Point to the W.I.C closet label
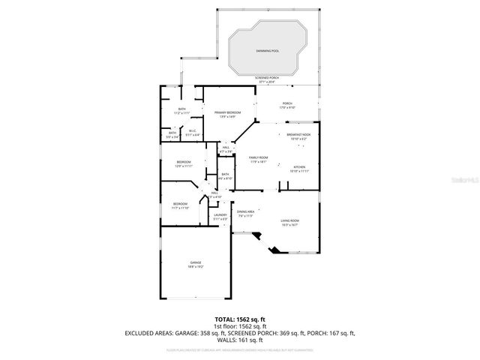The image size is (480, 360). click(x=192, y=130)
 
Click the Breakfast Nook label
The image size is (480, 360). click(x=298, y=135)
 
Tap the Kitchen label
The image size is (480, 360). click(x=298, y=166)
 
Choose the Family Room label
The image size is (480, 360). click(x=259, y=157)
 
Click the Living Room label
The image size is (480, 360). click(x=290, y=220)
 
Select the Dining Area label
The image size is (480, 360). click(x=246, y=211)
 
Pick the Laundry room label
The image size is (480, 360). click(x=220, y=215)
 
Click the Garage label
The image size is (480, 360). click(x=195, y=262)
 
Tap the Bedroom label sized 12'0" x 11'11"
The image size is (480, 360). click(x=184, y=162)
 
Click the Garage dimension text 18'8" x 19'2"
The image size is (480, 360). click(x=195, y=266)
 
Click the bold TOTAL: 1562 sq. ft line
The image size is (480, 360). click(x=239, y=319)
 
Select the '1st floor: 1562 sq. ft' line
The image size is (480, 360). click(x=239, y=325)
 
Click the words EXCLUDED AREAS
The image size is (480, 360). click(x=149, y=332)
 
